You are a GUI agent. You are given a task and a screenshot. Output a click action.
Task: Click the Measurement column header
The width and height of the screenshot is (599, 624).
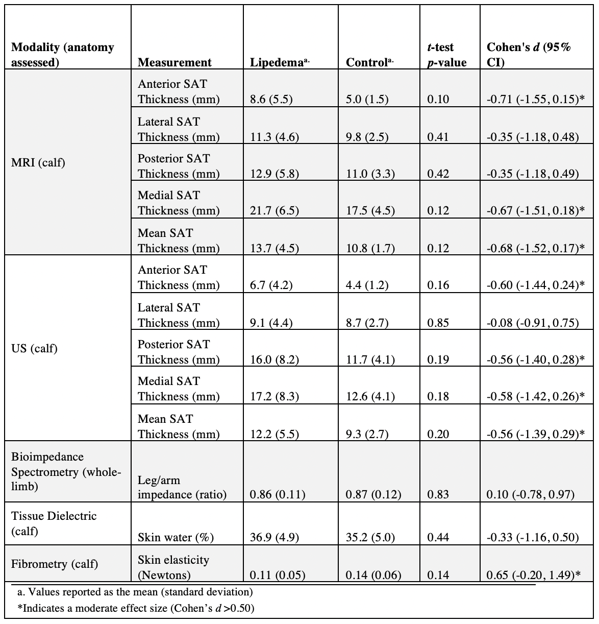pos(174,62)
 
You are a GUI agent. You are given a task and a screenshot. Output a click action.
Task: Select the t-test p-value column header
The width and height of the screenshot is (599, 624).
pos(446,55)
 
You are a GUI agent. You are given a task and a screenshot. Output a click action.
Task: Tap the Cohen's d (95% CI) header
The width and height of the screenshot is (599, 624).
pos(529,55)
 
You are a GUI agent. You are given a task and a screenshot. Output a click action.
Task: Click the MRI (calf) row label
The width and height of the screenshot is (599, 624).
pos(38,163)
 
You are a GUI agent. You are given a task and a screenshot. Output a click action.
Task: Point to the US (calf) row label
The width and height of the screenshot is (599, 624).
pos(34,349)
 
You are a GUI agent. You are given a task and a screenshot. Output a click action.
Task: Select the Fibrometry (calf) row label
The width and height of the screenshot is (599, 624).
pos(55,564)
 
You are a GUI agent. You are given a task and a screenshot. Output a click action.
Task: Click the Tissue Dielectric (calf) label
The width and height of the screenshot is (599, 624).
pos(54,523)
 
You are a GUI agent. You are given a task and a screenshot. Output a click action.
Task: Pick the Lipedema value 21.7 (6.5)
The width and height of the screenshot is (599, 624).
pos(274,211)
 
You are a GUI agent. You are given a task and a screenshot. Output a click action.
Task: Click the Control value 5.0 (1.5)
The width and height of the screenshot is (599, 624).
pos(367,100)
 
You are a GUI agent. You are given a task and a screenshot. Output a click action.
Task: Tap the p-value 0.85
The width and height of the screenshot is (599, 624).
pos(438,323)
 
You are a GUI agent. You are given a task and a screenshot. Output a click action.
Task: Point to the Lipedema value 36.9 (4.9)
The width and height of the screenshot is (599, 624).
pos(274,538)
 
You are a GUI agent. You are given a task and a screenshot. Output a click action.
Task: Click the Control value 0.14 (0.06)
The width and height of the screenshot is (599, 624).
pos(373,575)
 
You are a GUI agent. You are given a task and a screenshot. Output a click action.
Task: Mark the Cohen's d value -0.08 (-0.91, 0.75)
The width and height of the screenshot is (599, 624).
pos(533,323)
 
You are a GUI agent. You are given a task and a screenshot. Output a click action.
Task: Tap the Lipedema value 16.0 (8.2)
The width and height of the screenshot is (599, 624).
pos(274,360)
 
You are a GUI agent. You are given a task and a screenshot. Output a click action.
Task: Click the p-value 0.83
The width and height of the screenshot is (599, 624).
pos(438,495)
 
